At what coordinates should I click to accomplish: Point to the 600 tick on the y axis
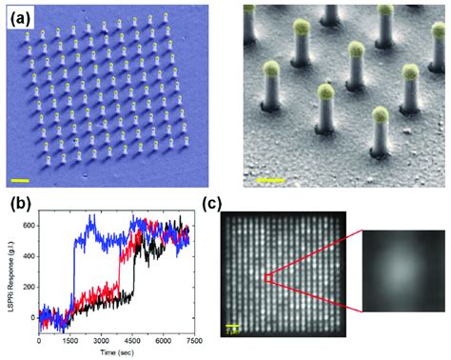point(27,225)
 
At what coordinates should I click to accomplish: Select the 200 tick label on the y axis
point(27,287)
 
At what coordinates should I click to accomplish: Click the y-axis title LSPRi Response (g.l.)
point(8,272)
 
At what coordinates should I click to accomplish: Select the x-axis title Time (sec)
point(116,352)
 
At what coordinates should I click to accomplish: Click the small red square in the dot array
point(266,278)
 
